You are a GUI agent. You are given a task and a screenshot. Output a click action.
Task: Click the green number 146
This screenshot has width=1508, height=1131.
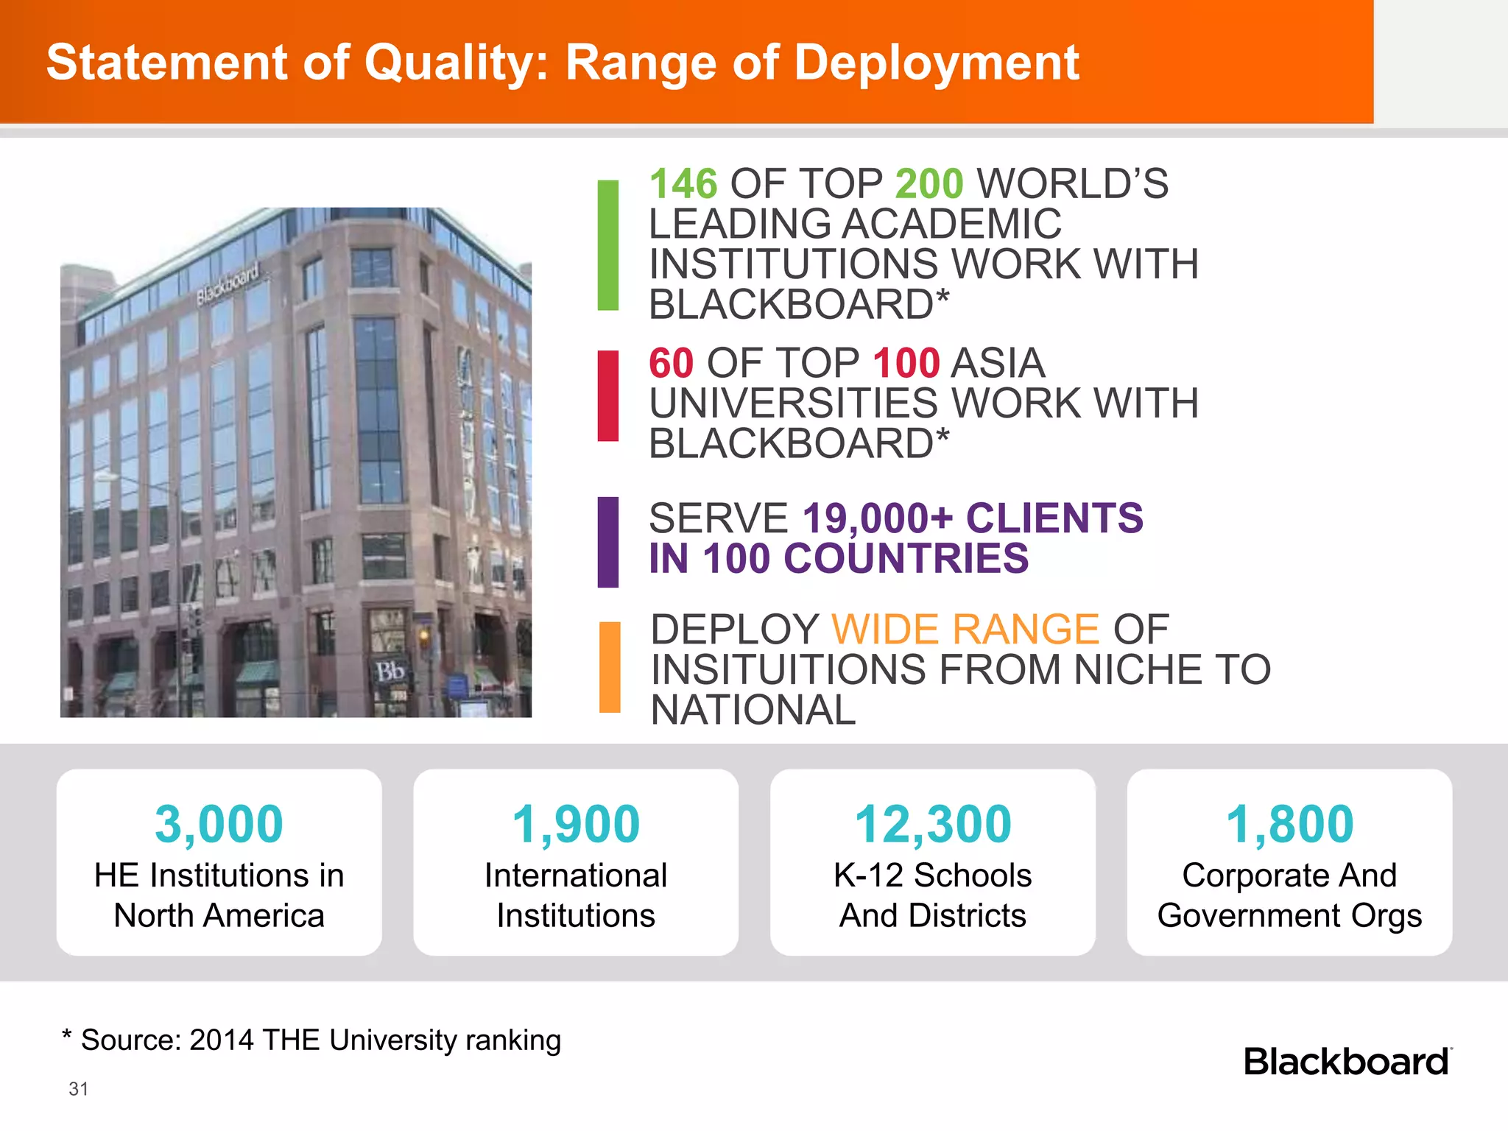683,184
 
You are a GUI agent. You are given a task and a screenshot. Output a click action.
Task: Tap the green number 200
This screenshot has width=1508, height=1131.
929,184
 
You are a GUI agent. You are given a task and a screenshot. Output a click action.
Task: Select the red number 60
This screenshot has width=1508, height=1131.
671,363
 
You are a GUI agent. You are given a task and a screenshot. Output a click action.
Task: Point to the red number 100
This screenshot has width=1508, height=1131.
906,363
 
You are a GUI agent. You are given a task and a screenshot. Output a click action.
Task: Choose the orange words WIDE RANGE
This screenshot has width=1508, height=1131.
965,630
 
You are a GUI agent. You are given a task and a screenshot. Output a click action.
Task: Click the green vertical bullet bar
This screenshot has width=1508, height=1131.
608,245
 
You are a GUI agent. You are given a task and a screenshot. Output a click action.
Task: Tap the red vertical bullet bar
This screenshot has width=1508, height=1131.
608,396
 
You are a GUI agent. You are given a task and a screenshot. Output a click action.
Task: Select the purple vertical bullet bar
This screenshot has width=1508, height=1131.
608,543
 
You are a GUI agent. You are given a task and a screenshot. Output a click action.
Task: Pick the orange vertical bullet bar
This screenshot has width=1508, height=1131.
610,667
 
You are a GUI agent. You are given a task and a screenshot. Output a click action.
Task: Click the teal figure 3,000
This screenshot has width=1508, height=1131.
219,824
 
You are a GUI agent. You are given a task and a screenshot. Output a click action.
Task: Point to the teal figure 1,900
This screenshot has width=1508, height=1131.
576,824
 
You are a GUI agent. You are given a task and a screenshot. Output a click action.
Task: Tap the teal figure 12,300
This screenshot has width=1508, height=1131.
933,824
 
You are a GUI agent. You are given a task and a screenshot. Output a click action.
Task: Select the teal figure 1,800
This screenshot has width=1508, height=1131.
1289,824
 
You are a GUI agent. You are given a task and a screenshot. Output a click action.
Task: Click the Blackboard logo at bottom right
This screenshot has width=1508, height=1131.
1347,1062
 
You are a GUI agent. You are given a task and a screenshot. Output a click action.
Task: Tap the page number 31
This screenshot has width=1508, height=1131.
78,1089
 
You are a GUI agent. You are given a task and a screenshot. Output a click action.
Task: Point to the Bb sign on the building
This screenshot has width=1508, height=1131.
390,672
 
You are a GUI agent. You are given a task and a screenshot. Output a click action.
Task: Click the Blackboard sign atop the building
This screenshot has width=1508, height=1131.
228,284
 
